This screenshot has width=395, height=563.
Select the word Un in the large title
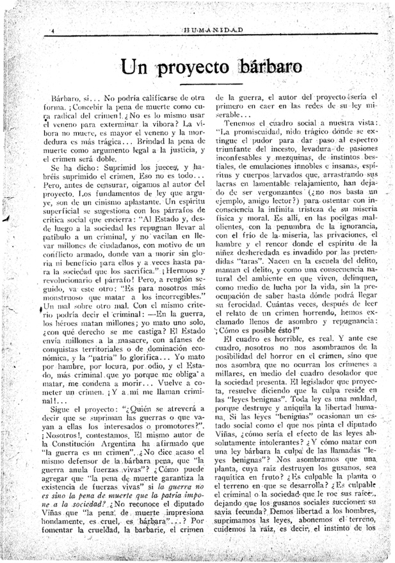point(136,68)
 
